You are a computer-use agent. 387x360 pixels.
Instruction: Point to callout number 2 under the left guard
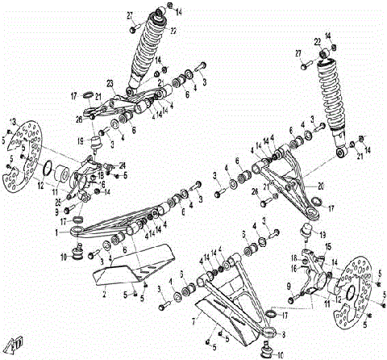pos(104,296)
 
